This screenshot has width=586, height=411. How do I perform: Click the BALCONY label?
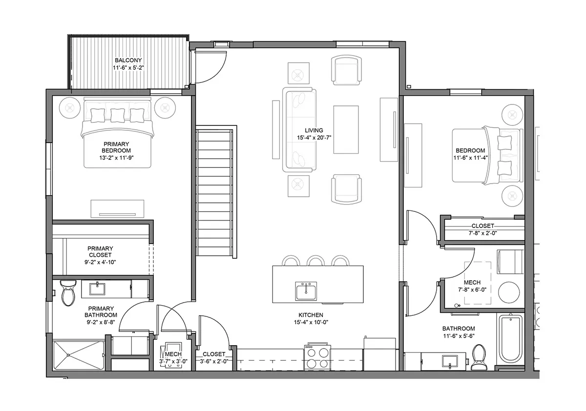(128, 60)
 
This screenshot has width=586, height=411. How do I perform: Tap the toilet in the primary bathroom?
(68, 293)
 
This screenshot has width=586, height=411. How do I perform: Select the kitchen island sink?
(306, 291)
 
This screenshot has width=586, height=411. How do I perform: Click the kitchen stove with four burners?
(317, 357)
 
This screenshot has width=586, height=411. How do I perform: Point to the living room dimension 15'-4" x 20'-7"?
(314, 138)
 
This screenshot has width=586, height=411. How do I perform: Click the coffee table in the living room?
(346, 130)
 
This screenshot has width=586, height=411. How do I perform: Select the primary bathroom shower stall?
(79, 355)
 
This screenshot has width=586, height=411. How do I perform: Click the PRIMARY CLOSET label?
(100, 251)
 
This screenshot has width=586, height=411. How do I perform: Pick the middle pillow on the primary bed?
(118, 115)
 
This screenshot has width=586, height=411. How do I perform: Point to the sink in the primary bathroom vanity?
(97, 288)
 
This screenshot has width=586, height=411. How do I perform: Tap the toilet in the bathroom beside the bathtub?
(479, 357)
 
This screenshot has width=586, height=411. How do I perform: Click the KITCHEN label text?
(311, 315)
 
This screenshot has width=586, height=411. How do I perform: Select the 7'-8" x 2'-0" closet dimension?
(482, 233)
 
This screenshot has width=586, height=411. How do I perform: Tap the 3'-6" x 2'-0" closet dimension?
(214, 361)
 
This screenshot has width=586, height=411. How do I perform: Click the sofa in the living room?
(299, 130)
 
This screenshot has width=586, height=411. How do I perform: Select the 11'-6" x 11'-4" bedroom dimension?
(470, 158)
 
